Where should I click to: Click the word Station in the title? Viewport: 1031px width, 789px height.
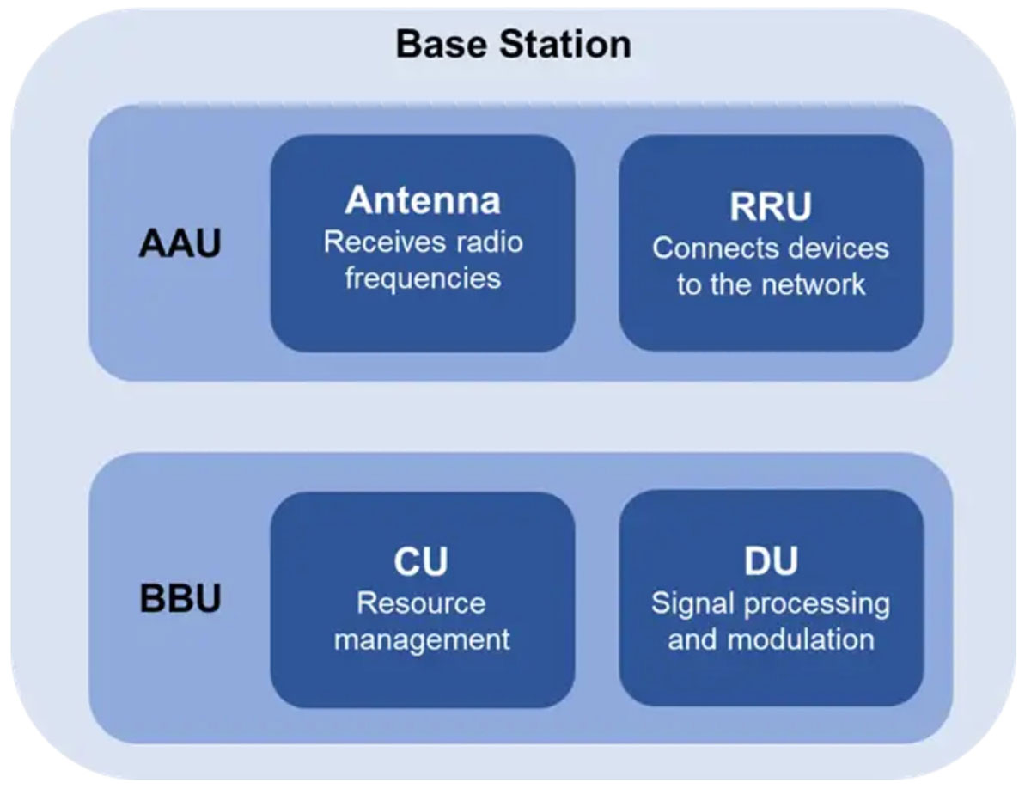[x=565, y=44]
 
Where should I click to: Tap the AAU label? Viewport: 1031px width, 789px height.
[x=180, y=243]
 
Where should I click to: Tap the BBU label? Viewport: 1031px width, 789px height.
[x=180, y=598]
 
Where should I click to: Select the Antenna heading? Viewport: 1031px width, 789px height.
[x=423, y=200]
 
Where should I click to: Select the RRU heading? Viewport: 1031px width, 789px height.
[x=771, y=206]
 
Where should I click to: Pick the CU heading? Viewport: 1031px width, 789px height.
[x=421, y=561]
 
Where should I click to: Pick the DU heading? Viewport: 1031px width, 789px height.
[x=771, y=561]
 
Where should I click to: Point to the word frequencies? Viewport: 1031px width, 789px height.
[x=424, y=279]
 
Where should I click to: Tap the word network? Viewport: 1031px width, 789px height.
[x=813, y=284]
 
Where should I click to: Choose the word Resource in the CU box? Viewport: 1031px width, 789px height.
[x=421, y=603]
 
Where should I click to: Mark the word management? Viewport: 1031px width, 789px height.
[x=422, y=641]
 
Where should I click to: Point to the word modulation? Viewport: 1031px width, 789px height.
[x=801, y=640]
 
